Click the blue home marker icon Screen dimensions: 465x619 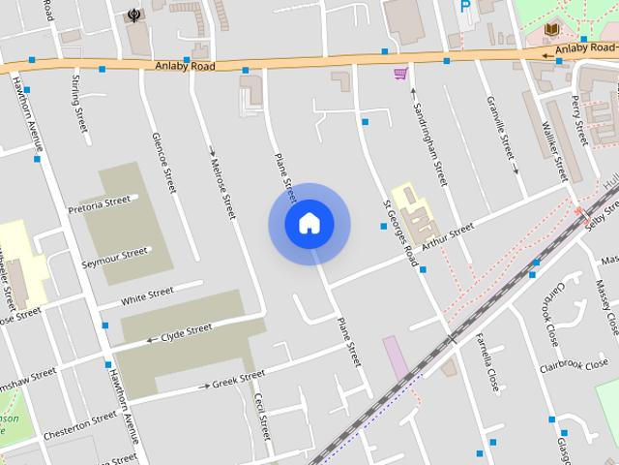pyautogui.click(x=309, y=224)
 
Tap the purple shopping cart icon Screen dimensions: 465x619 pyautogui.click(x=399, y=73)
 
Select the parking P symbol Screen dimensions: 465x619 pyautogui.click(x=465, y=6)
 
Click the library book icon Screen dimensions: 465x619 pyautogui.click(x=552, y=31)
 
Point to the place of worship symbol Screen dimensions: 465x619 pyautogui.click(x=133, y=15)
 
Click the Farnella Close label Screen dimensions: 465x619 pyautogui.click(x=486, y=361)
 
